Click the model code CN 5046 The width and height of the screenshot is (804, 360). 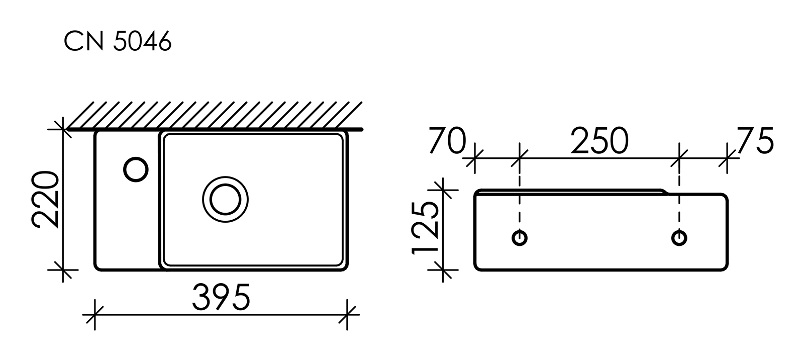click(x=118, y=42)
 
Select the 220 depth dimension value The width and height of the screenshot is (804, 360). click(x=46, y=200)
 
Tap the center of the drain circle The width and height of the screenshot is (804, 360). click(x=226, y=200)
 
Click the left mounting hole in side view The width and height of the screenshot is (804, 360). click(x=520, y=237)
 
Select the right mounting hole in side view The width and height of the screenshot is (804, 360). click(x=679, y=237)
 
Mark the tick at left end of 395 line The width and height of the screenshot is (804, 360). click(x=95, y=315)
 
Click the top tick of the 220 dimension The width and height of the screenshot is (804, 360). click(x=63, y=130)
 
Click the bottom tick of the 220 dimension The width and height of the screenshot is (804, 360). click(x=63, y=270)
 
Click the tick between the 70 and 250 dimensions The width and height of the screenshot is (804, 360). click(x=520, y=159)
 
